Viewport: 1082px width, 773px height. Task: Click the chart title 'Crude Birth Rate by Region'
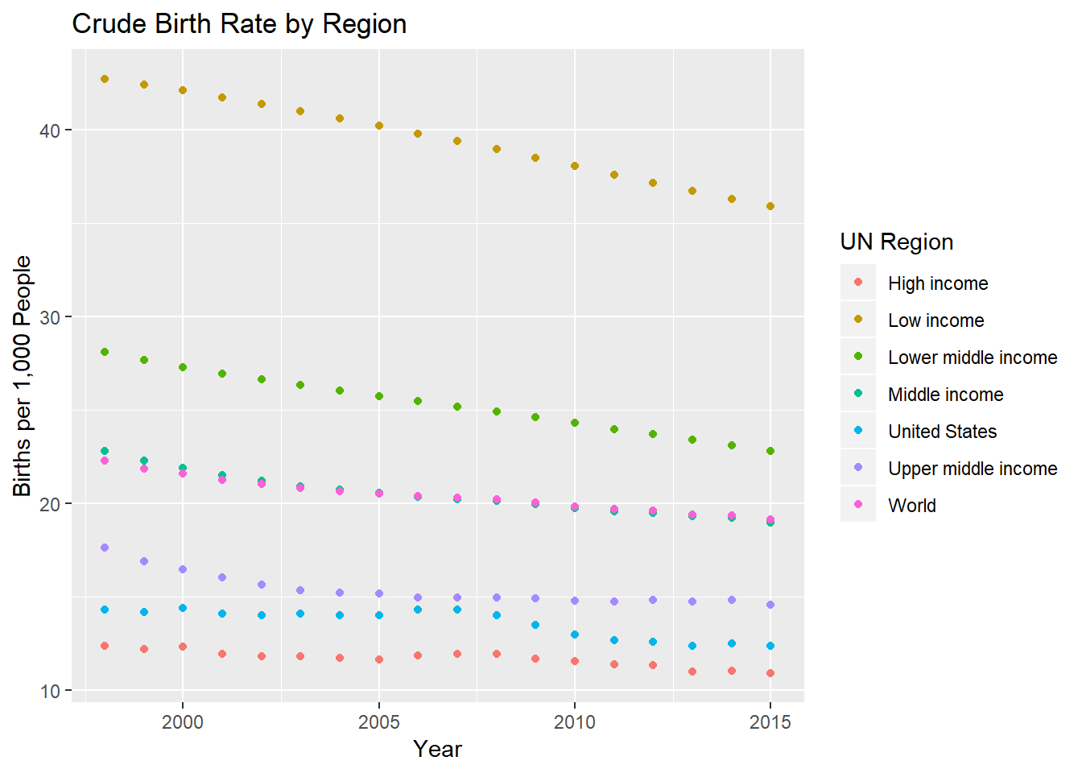239,24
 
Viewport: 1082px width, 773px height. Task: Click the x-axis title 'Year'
437,749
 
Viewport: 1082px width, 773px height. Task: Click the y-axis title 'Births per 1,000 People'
23,376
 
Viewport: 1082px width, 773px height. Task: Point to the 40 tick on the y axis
50,130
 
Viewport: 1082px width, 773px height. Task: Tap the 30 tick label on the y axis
50,317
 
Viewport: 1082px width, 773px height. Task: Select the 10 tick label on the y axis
50,691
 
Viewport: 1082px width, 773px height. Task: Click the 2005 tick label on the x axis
378,722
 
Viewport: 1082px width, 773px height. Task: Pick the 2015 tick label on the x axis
770,722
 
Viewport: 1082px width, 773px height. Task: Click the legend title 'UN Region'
896,242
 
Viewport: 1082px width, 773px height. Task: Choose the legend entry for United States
942,432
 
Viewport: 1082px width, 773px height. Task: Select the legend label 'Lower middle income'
973,358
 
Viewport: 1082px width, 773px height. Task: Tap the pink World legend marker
858,504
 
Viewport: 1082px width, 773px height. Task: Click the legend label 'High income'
938,283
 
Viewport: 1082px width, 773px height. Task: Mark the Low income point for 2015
770,206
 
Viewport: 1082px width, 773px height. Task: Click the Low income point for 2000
183,90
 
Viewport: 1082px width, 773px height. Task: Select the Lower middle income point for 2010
575,423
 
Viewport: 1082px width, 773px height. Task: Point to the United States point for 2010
575,635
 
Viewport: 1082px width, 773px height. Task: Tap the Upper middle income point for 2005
378,593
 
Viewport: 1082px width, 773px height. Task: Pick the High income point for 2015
770,673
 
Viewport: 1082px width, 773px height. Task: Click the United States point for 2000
183,608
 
